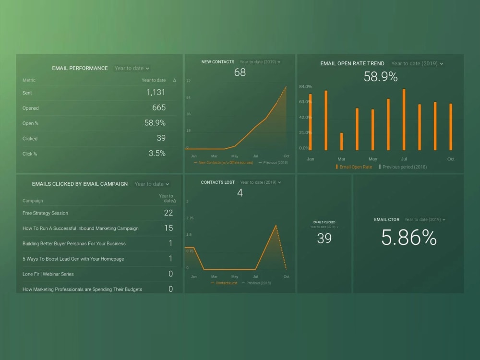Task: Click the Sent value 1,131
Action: (x=156, y=93)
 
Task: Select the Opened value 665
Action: (x=159, y=108)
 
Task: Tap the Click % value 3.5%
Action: (x=156, y=154)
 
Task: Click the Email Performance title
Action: (x=80, y=68)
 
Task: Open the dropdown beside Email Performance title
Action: (x=132, y=68)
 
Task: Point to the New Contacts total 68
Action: (x=240, y=72)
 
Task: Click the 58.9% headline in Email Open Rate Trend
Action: (x=380, y=76)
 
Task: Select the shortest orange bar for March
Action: (x=342, y=141)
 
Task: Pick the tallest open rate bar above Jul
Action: (x=404, y=119)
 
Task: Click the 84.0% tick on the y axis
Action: (x=305, y=86)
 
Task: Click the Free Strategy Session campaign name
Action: (x=45, y=213)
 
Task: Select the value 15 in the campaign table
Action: (x=168, y=228)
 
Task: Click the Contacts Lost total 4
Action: (x=240, y=193)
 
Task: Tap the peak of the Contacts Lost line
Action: (x=276, y=226)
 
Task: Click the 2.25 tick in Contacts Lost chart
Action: (x=190, y=218)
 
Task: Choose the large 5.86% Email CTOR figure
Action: (x=408, y=238)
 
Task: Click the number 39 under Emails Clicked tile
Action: (x=324, y=238)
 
